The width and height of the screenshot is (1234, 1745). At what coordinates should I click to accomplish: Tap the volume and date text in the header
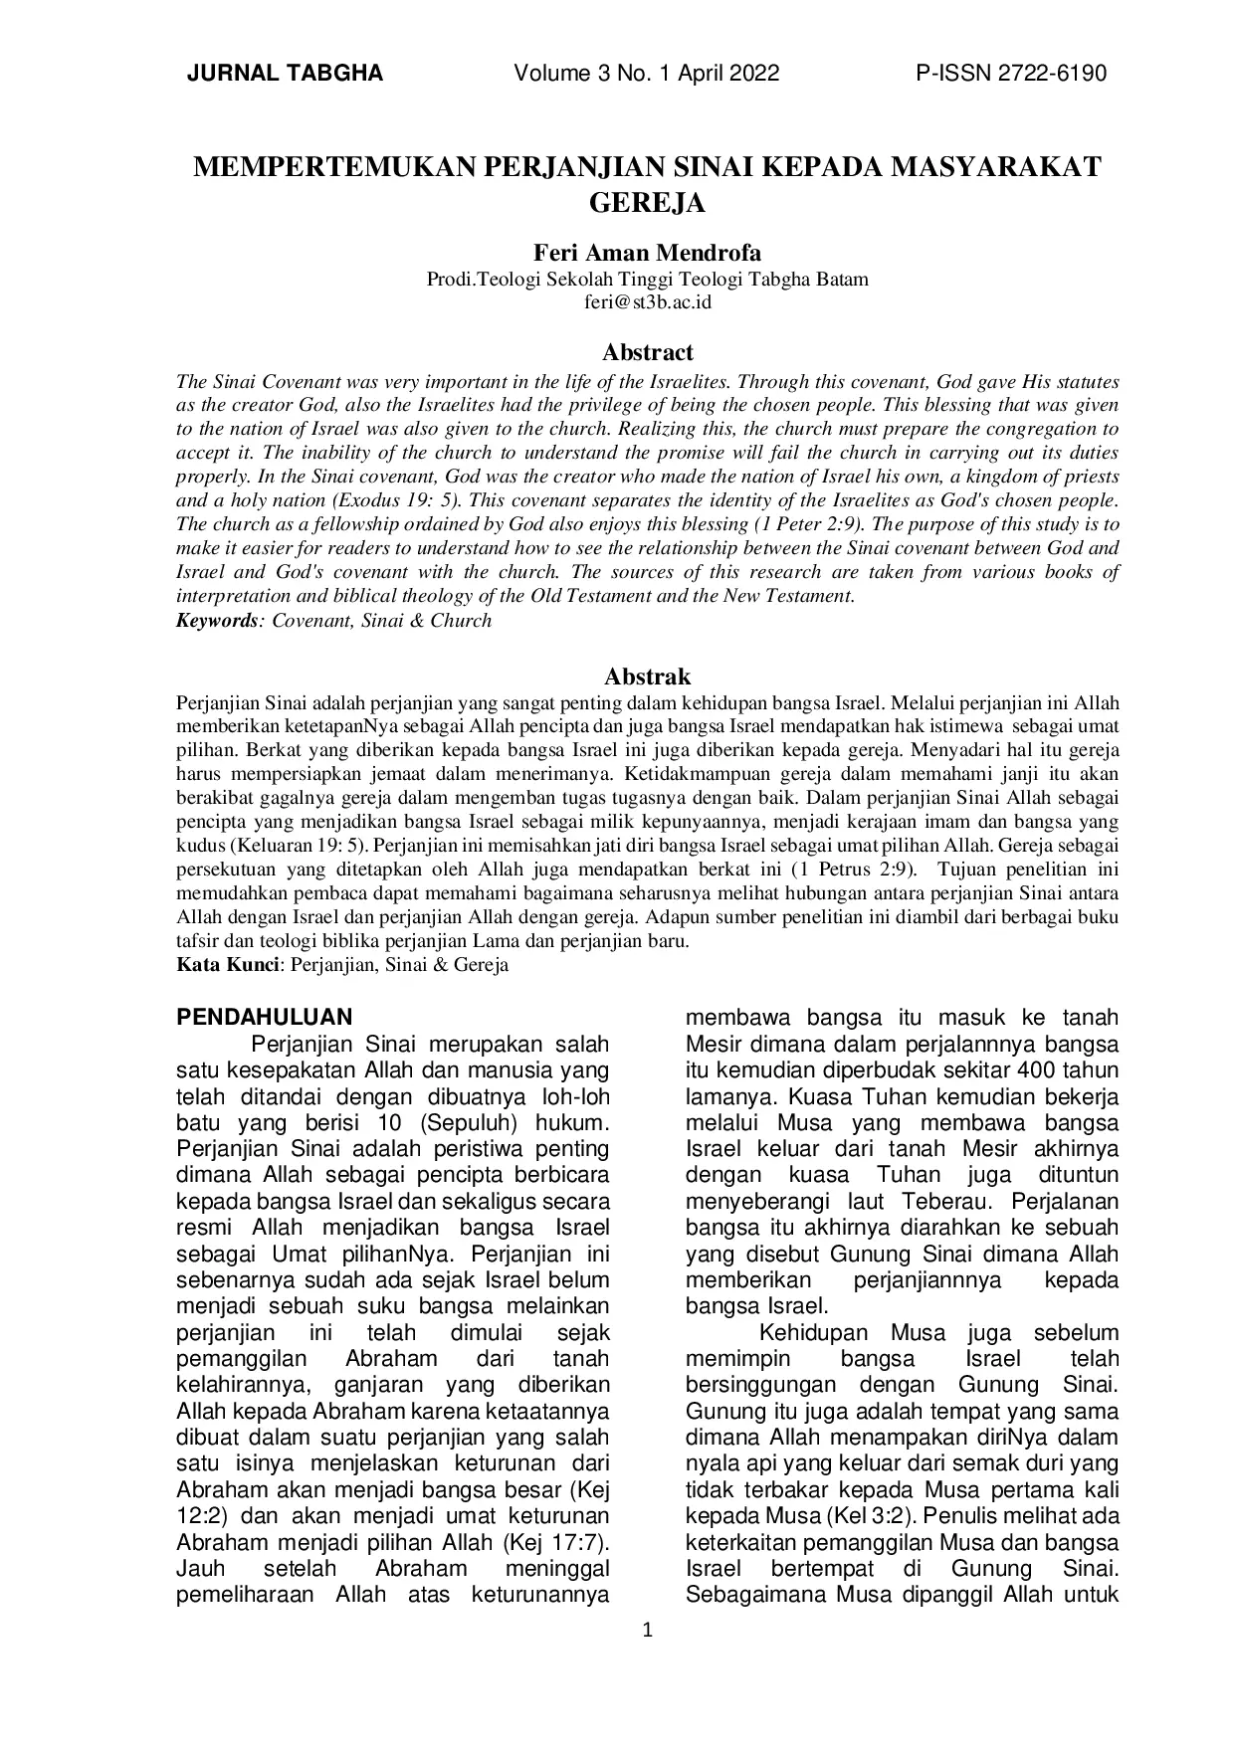coord(647,74)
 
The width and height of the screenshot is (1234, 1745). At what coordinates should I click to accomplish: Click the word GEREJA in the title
coord(647,203)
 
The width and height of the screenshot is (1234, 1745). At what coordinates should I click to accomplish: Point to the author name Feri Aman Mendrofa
coord(647,253)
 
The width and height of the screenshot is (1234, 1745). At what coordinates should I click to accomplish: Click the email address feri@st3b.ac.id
coord(647,302)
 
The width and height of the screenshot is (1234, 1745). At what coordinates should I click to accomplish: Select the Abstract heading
coord(647,352)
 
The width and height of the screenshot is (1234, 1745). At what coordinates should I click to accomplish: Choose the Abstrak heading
coord(647,678)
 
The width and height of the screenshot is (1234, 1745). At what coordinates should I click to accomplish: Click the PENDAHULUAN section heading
coord(264,1017)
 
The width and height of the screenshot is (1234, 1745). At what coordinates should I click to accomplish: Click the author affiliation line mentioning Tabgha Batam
coord(647,280)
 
